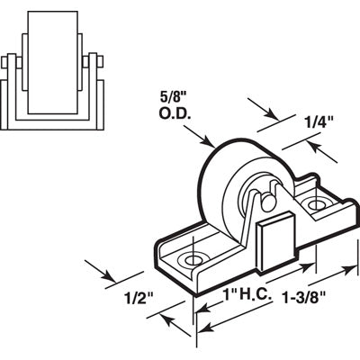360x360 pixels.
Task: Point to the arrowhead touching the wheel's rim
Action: (x=208, y=144)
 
